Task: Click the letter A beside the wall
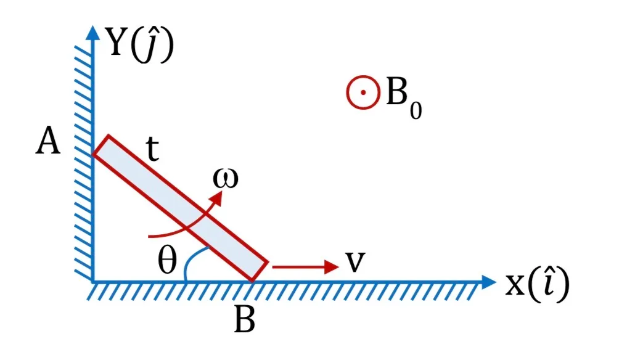coord(48,141)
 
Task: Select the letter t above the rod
coord(152,149)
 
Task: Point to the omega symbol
coord(226,178)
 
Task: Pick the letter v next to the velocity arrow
coord(355,262)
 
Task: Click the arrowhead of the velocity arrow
coord(332,267)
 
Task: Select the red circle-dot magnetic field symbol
coord(363,92)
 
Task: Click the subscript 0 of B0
coord(416,111)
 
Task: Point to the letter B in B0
coord(397,92)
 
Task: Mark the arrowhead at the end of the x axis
coord(489,282)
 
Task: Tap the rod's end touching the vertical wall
coord(93,153)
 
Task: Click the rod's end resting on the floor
coord(252,281)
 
